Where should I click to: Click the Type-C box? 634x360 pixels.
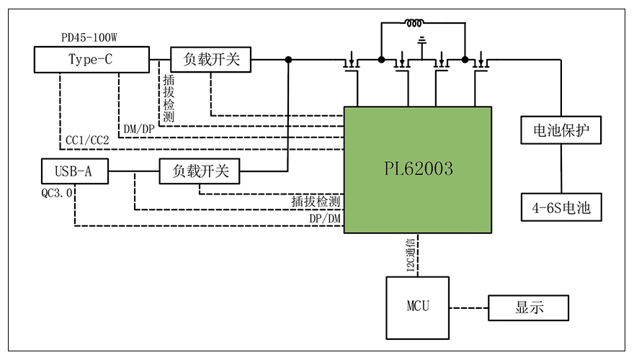(x=90, y=60)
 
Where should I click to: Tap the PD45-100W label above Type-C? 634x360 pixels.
(x=90, y=37)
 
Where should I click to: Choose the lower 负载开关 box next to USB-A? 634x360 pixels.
(x=200, y=171)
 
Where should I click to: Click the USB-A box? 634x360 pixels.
(x=75, y=171)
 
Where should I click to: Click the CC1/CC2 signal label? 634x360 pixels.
(x=87, y=139)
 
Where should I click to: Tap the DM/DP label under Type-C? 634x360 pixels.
(x=139, y=128)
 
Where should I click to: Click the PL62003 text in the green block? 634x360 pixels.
(x=418, y=169)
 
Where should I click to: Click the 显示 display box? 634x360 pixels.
(x=529, y=307)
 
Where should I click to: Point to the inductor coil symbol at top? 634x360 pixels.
(x=415, y=23)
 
